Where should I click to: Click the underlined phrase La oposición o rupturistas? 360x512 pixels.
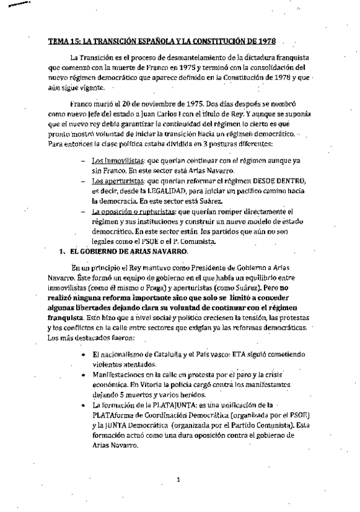[x=130, y=211]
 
